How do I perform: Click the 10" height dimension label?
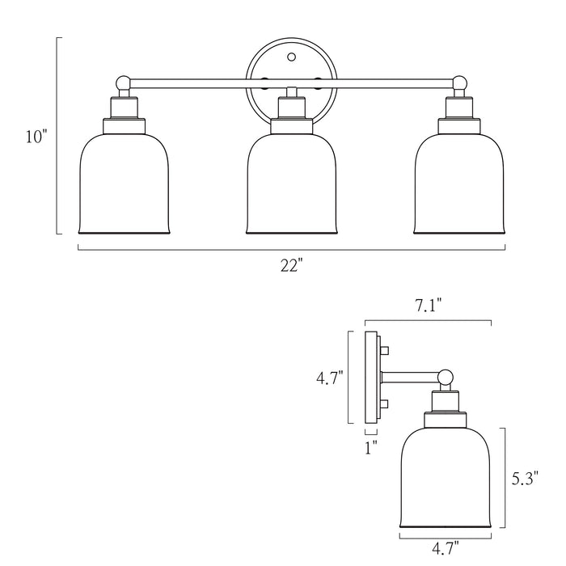click(x=36, y=137)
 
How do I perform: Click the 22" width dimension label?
click(x=291, y=265)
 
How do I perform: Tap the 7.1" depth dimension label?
click(x=428, y=306)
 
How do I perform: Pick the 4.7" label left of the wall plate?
click(x=329, y=378)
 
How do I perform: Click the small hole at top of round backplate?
click(x=291, y=57)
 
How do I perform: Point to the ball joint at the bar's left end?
click(x=123, y=82)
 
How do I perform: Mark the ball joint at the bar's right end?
click(x=459, y=82)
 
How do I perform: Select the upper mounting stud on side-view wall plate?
click(x=385, y=349)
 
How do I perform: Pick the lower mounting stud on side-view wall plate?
click(x=385, y=403)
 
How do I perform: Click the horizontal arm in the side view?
click(x=410, y=376)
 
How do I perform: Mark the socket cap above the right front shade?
click(x=459, y=125)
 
